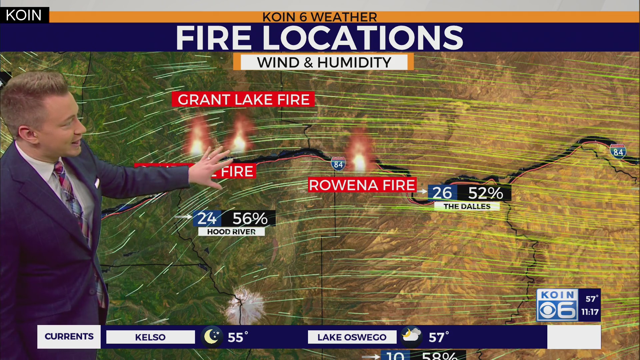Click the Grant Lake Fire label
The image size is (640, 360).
point(243,99)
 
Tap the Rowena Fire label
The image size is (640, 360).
point(362,185)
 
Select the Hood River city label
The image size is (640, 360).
point(231,232)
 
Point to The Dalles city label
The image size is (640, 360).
point(467,206)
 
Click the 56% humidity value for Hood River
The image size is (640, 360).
point(250,219)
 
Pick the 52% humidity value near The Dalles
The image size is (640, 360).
point(485,193)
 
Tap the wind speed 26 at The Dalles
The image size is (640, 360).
point(442,193)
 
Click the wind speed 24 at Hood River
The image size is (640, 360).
point(207,219)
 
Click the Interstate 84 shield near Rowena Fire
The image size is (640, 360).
point(338,164)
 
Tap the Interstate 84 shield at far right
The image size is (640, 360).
point(618,151)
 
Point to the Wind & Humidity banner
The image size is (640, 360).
point(323,62)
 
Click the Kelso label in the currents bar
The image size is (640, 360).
point(150,337)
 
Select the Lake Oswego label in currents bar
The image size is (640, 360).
point(352,337)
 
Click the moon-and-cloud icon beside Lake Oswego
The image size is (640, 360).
point(411,335)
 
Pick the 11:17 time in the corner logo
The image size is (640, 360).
point(590,312)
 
